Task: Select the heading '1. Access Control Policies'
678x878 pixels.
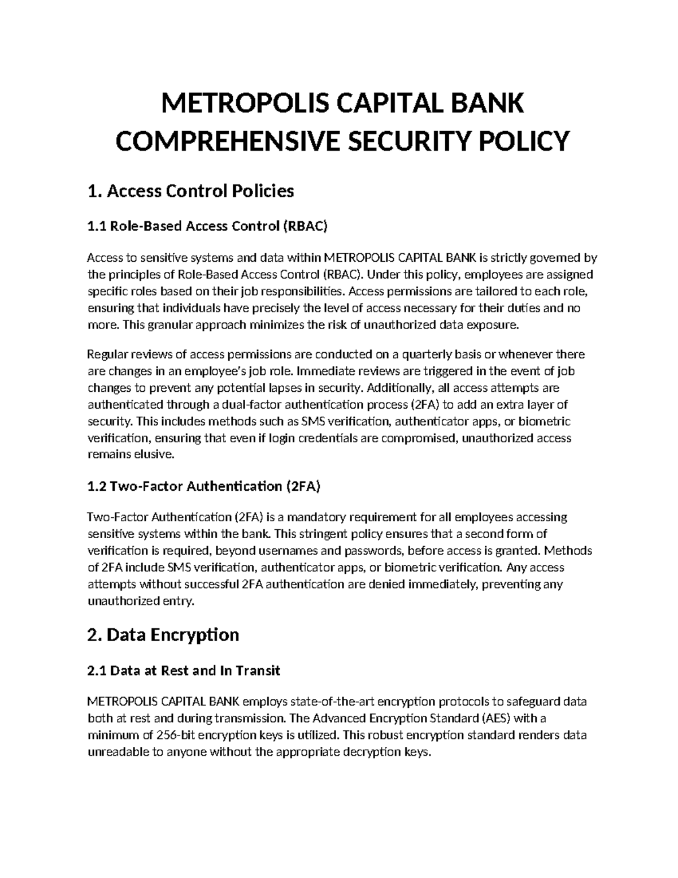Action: coord(191,191)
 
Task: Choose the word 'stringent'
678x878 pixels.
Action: coord(317,534)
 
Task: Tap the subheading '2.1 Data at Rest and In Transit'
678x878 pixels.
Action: coord(184,671)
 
